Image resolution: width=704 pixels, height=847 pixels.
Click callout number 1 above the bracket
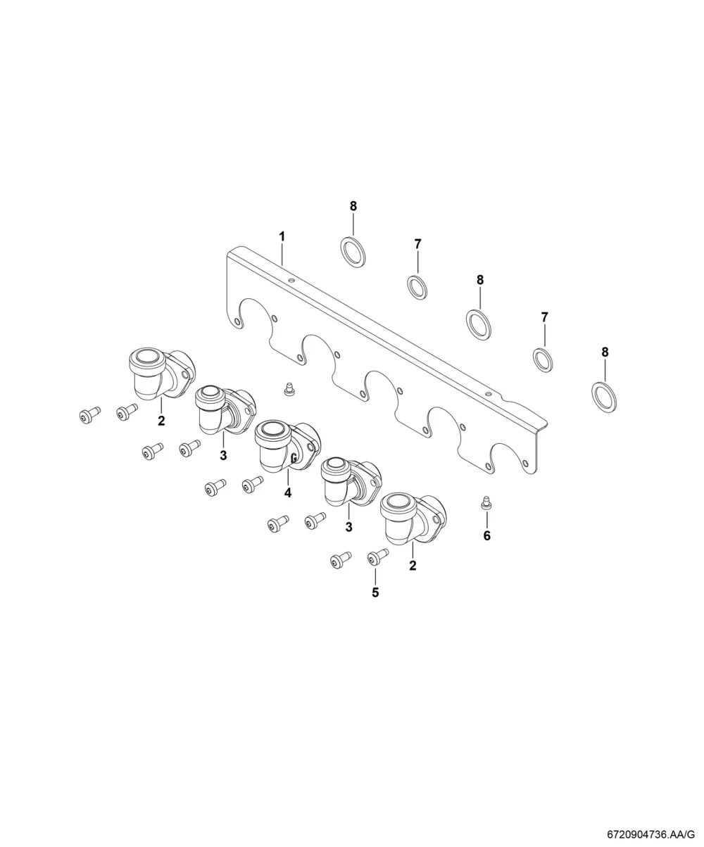tap(282, 236)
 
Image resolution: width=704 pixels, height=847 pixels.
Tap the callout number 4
tap(288, 493)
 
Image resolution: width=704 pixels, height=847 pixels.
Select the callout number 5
tap(375, 592)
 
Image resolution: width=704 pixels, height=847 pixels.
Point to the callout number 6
tap(486, 536)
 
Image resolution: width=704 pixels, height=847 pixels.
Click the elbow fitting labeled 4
tap(287, 447)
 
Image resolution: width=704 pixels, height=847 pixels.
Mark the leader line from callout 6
tap(486, 519)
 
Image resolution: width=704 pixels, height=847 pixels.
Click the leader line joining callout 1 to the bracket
tap(282, 254)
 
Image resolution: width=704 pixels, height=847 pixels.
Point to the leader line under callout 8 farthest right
tap(605, 370)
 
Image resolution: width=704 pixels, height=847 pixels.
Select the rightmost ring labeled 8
tap(604, 397)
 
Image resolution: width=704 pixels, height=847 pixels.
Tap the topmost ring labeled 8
tap(352, 252)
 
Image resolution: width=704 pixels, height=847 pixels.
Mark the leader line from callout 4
tap(288, 479)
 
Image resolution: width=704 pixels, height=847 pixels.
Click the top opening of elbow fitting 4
tap(272, 429)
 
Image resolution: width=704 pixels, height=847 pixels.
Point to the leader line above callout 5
tap(375, 576)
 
